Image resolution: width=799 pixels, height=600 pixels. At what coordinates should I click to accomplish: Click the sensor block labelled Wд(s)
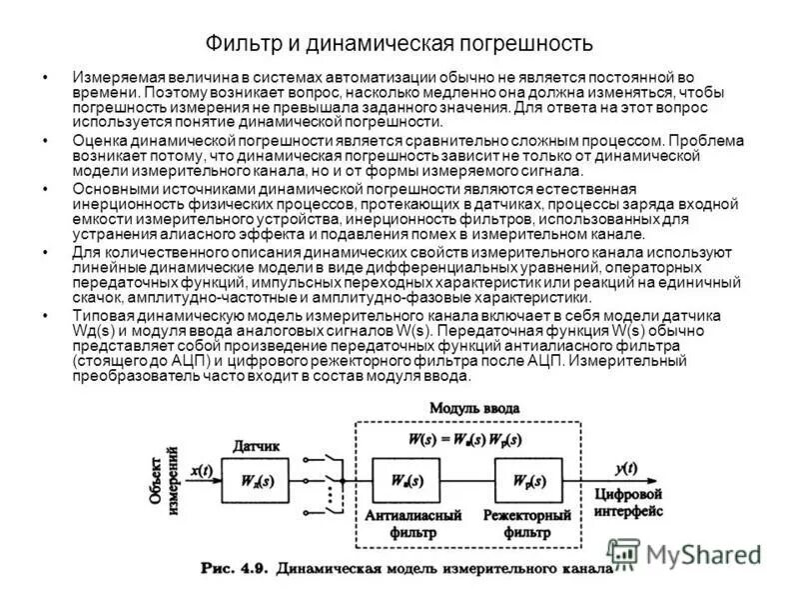[x=261, y=480]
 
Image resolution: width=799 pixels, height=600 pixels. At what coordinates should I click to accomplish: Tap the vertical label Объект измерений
[x=165, y=481]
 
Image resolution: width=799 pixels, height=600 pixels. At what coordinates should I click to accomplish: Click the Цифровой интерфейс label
[x=629, y=503]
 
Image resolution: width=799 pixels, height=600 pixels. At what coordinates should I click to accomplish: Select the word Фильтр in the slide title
[x=240, y=44]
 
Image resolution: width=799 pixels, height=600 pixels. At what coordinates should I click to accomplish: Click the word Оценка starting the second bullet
[x=102, y=143]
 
